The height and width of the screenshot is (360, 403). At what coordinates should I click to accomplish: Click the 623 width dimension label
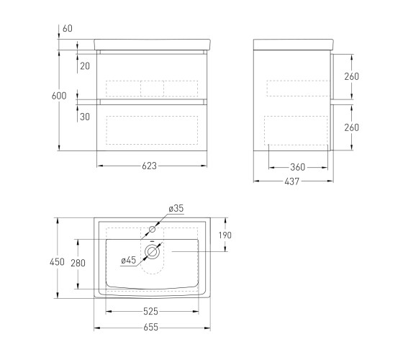tap(150, 166)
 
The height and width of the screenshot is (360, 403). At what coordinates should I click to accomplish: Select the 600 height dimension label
tap(59, 96)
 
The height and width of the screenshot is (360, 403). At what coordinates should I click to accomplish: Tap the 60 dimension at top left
tap(68, 28)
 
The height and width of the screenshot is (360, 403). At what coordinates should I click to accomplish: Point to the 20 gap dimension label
tap(85, 66)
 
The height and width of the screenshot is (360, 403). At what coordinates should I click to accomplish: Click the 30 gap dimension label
tap(85, 117)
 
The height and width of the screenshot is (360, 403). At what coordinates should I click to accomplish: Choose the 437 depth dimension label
tap(292, 181)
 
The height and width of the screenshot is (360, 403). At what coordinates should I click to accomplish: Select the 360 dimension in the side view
tap(298, 167)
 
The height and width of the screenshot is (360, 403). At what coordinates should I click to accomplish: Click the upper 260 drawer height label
tap(352, 76)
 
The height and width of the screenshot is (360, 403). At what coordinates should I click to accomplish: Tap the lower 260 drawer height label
tap(352, 127)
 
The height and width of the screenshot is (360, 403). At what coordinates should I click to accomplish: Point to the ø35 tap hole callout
tap(176, 208)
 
